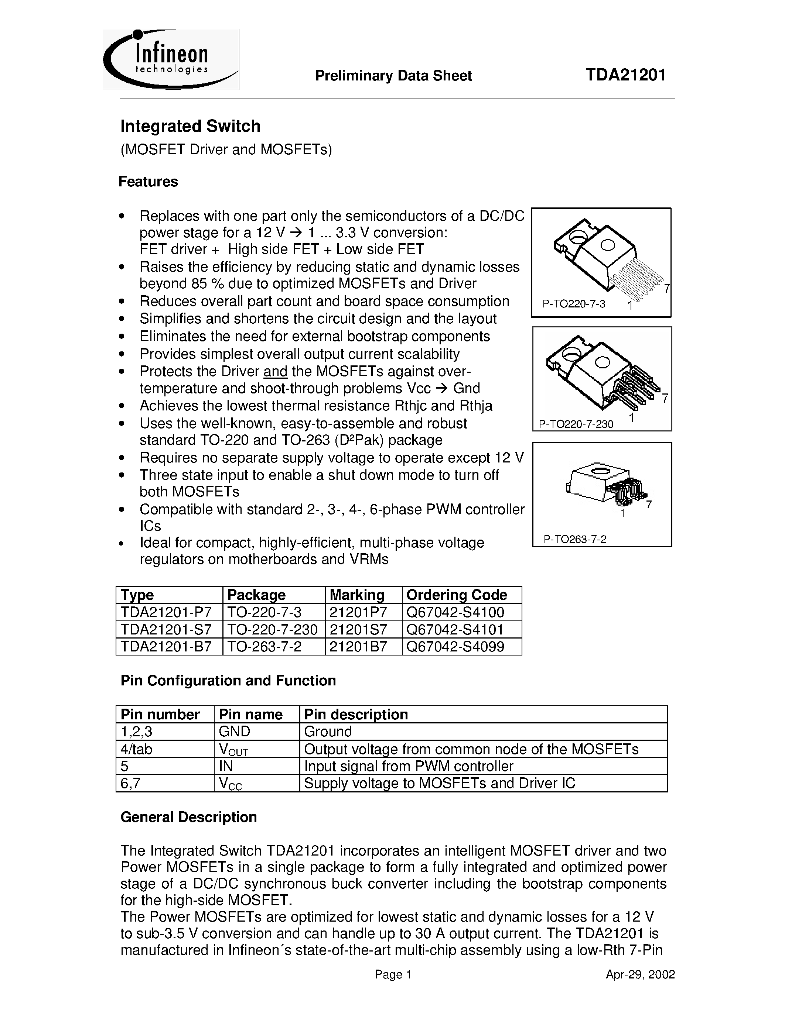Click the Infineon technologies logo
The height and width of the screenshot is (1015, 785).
171,59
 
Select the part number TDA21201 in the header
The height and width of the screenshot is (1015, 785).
625,75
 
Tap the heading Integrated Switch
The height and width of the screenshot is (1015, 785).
190,126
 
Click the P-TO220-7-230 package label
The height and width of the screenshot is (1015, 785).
576,424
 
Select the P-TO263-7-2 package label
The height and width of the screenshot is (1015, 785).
575,539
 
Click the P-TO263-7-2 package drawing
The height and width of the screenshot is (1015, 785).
605,488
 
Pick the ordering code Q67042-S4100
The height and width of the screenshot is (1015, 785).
455,612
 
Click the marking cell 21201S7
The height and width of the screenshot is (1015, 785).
358,629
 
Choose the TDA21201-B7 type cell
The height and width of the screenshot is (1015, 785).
166,646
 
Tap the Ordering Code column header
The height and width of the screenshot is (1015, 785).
456,595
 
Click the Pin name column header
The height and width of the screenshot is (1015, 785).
251,714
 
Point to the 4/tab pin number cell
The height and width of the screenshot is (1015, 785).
136,749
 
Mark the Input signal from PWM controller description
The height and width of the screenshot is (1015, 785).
408,766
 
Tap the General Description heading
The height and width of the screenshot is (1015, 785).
188,817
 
